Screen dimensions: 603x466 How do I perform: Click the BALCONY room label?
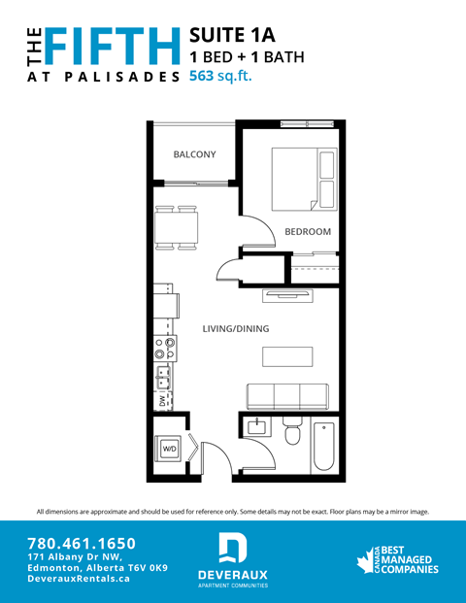point(194,154)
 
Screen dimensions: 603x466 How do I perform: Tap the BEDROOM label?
point(308,232)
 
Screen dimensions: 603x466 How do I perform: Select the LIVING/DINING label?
point(236,329)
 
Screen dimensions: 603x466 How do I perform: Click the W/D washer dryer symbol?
point(169,449)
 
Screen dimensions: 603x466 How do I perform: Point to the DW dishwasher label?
point(161,401)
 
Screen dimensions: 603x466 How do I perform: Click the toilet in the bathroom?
point(292,433)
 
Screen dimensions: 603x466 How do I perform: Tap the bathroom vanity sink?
point(257,428)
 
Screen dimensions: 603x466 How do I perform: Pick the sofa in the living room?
point(286,396)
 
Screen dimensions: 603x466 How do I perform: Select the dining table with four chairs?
point(177,228)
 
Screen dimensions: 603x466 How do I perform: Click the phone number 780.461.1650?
point(82,544)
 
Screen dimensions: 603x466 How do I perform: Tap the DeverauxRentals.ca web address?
point(79,578)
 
